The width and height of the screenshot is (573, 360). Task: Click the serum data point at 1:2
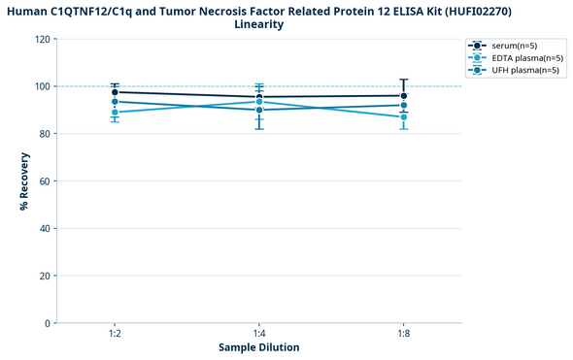click(x=115, y=92)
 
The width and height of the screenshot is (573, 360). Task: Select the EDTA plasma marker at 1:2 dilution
click(x=115, y=113)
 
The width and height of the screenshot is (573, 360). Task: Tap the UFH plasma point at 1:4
click(x=259, y=110)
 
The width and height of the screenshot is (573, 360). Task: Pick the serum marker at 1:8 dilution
click(x=404, y=95)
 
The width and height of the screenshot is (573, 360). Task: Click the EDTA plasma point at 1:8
click(x=404, y=117)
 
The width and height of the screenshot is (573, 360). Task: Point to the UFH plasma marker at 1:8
click(x=404, y=105)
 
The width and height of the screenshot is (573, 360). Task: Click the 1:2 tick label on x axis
click(x=115, y=333)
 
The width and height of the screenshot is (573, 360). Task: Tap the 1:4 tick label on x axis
click(x=259, y=333)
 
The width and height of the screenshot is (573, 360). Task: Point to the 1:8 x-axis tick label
click(x=404, y=333)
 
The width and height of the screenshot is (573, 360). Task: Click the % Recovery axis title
click(x=23, y=180)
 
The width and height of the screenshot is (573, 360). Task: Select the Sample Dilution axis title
click(x=258, y=347)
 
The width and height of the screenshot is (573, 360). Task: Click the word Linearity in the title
click(x=259, y=24)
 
